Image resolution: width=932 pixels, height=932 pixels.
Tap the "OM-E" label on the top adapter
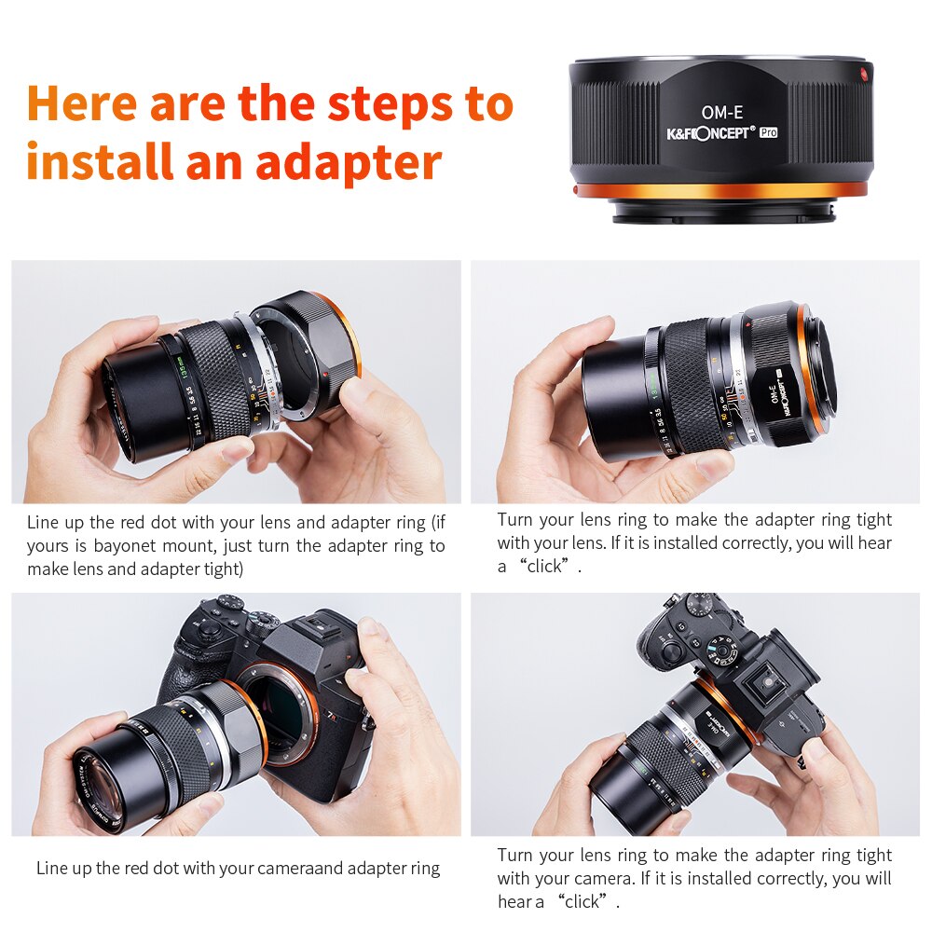click(x=721, y=114)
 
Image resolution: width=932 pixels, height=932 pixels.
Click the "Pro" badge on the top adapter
click(x=769, y=132)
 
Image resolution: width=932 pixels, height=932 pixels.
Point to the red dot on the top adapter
click(x=865, y=72)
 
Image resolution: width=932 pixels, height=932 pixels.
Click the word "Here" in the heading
click(x=81, y=104)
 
